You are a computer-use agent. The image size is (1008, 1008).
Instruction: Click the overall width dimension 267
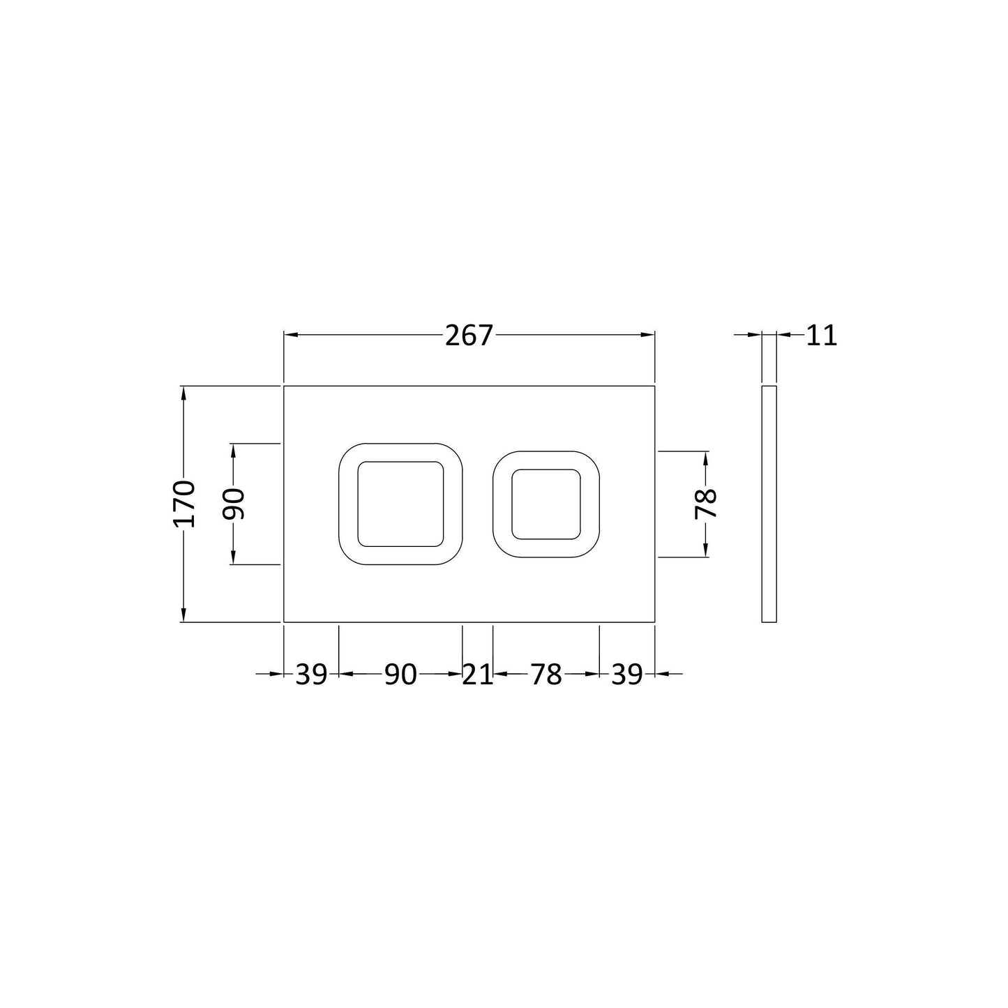click(469, 336)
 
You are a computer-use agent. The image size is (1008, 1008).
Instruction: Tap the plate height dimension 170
click(184, 503)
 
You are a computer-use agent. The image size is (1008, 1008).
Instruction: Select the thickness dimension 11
click(822, 336)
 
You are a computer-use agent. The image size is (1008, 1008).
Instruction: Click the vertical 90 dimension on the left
click(233, 504)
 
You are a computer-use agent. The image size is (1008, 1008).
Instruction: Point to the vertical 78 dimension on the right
click(706, 504)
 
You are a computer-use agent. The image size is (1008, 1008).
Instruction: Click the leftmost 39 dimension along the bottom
click(311, 675)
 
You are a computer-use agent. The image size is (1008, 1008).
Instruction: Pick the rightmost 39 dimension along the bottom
click(626, 675)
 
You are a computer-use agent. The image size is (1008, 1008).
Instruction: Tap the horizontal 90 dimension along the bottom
click(400, 675)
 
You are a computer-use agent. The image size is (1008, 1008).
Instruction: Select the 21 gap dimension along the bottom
click(478, 675)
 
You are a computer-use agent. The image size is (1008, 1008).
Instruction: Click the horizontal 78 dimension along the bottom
click(546, 675)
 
